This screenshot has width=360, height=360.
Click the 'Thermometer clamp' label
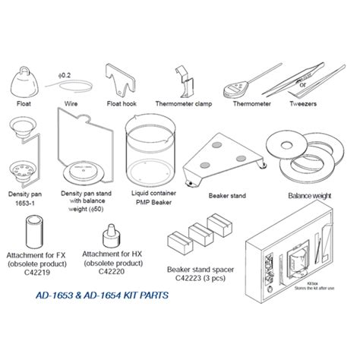(x=182, y=101)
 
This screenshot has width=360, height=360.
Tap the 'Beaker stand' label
(x=227, y=195)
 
